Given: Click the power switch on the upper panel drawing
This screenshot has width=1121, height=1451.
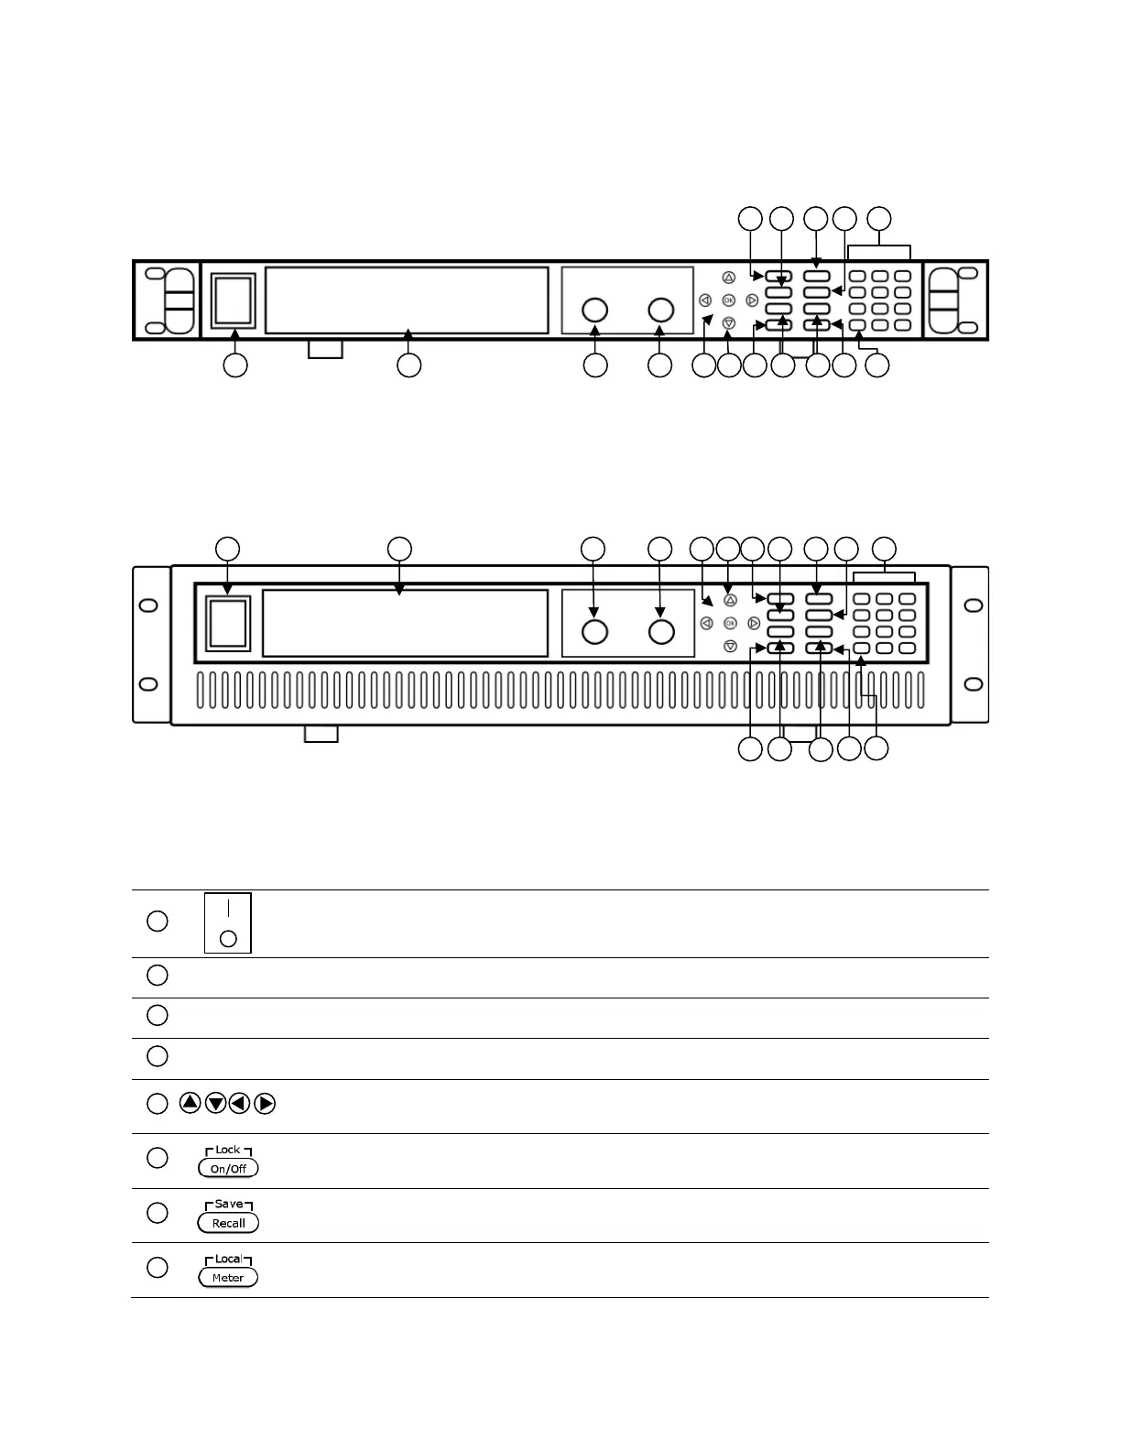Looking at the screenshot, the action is (x=233, y=300).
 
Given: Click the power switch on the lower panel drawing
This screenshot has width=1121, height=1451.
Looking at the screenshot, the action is (x=228, y=624).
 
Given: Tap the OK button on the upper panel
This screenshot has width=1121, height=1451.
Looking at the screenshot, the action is (x=728, y=300).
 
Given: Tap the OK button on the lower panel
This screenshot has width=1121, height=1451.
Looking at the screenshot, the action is (x=730, y=623).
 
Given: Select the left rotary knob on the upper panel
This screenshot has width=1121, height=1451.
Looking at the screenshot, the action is (x=595, y=310).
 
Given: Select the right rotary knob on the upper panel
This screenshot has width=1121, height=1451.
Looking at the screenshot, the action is (x=661, y=310).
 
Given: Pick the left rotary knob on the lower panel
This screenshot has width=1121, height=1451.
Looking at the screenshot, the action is (x=594, y=632).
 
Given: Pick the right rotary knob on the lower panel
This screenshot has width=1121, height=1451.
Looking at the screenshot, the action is (x=661, y=632).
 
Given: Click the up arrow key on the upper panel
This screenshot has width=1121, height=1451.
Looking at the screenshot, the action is (x=728, y=277).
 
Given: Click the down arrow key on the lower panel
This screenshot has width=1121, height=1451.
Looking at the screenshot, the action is (x=730, y=646).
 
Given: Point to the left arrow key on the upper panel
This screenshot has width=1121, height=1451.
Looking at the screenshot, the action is (x=705, y=300).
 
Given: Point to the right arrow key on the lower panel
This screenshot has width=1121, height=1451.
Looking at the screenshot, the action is (x=754, y=623).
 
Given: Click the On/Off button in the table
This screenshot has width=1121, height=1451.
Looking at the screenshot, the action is (x=228, y=1169).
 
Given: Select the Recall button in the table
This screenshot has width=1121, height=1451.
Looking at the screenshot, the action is (x=228, y=1223).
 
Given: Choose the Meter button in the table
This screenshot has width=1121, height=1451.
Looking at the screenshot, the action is (x=228, y=1278).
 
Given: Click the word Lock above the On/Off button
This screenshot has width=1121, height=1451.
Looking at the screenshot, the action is (x=228, y=1150).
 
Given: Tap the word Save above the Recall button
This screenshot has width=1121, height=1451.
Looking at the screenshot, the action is (x=228, y=1205).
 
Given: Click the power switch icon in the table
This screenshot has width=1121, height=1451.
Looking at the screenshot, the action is (x=228, y=923).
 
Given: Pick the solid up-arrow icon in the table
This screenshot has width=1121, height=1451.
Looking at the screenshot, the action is (x=190, y=1104).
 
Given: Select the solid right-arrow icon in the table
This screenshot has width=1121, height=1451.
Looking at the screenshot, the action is (x=265, y=1104).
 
